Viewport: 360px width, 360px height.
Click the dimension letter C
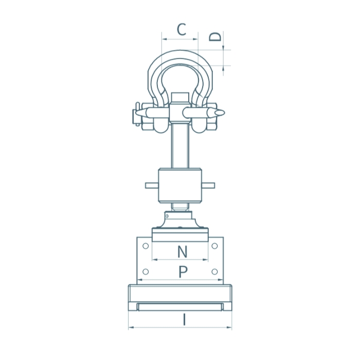pos(182,29)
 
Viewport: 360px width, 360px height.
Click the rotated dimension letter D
pos(215,37)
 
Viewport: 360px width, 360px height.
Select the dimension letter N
pos(182,251)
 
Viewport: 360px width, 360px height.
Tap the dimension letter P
pos(183,272)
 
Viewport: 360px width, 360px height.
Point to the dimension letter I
pos(184,320)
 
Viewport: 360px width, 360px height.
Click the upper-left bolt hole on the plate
pos(146,246)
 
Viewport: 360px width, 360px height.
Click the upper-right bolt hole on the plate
pos(214,246)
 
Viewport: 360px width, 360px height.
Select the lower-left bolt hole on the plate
pos(146,272)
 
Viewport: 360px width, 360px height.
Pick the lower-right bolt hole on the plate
pos(214,272)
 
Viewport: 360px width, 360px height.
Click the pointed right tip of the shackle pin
pos(225,113)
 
